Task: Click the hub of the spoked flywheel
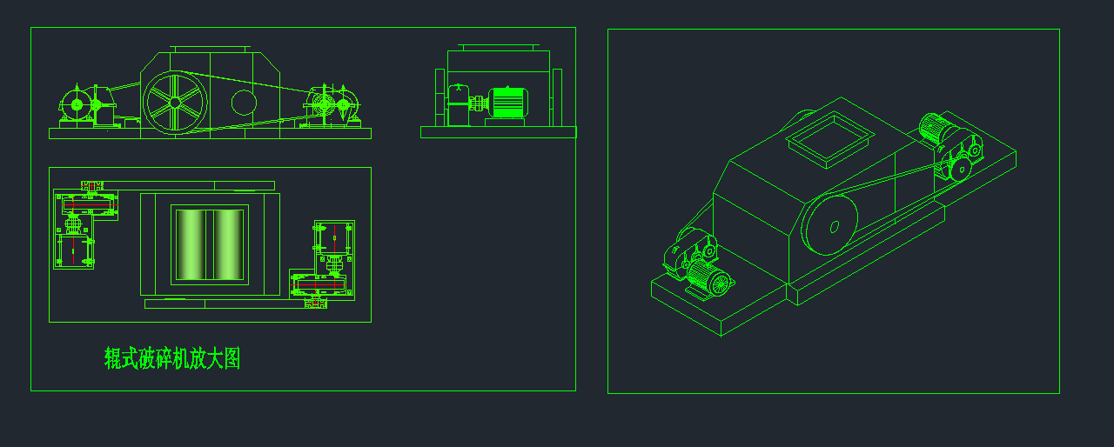[x=175, y=103]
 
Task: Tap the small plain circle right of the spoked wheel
[x=245, y=103]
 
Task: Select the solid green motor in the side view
[x=507, y=103]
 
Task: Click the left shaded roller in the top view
[x=191, y=244]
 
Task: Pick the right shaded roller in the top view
[x=228, y=244]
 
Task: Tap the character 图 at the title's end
[x=232, y=358]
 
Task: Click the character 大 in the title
[x=215, y=358]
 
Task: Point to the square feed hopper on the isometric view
[x=830, y=140]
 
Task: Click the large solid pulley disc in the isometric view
[x=829, y=226]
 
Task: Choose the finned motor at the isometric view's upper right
[x=937, y=128]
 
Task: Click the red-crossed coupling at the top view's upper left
[x=92, y=186]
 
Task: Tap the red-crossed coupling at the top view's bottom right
[x=316, y=302]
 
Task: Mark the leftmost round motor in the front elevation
[x=77, y=105]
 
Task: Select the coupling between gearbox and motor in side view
[x=479, y=103]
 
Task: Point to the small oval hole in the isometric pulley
[x=835, y=226]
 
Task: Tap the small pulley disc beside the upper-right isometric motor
[x=961, y=170]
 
